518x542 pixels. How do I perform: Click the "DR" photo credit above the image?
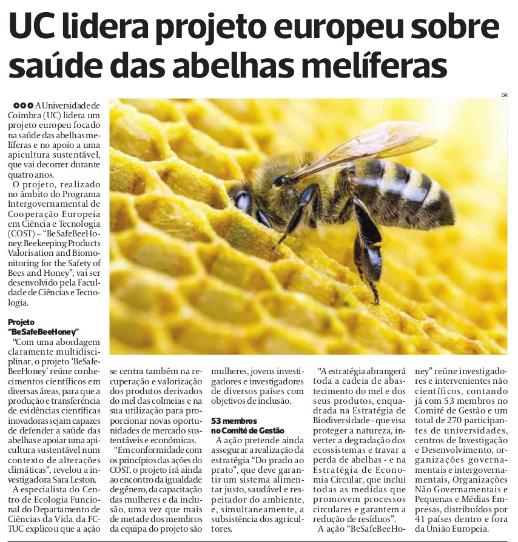click(503, 95)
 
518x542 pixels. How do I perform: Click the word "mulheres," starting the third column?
click(228, 371)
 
